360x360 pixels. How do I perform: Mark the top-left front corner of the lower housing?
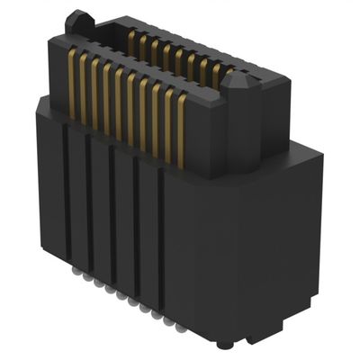39,103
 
